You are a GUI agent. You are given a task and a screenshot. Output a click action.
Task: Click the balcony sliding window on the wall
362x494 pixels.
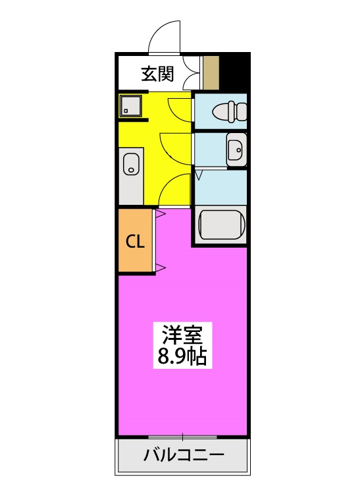[182, 437]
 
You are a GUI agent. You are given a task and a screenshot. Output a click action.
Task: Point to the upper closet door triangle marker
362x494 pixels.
[159, 213]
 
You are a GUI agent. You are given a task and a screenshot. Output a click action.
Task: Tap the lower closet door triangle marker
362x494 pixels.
[159, 267]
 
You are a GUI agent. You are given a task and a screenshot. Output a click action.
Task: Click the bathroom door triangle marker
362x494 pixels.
[198, 175]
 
